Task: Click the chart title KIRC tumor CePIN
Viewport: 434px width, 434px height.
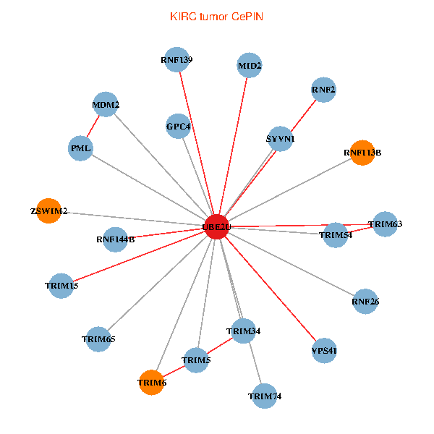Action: click(x=216, y=16)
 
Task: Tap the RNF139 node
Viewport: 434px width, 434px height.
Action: click(x=177, y=59)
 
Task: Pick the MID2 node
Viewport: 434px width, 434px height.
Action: click(x=250, y=66)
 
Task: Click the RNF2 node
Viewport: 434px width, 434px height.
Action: click(x=323, y=90)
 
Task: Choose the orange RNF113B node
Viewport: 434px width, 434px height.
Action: click(x=362, y=153)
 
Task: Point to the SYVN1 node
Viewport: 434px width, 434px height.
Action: click(x=280, y=138)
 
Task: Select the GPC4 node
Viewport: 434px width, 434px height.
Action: click(x=178, y=127)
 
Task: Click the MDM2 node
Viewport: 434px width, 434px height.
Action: click(x=106, y=105)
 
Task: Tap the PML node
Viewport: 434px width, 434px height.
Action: click(x=80, y=148)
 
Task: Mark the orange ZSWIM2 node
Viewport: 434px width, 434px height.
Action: click(x=48, y=211)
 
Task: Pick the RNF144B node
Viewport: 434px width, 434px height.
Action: click(x=116, y=239)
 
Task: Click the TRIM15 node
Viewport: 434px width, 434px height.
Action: click(x=61, y=286)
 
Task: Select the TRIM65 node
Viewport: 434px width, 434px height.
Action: click(x=98, y=339)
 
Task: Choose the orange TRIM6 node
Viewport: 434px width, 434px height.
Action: click(x=152, y=382)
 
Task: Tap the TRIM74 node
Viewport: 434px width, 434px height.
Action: click(x=265, y=396)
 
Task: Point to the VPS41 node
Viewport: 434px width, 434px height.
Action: click(x=324, y=351)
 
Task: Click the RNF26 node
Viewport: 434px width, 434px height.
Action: click(x=365, y=301)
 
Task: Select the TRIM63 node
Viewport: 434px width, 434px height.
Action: click(x=384, y=224)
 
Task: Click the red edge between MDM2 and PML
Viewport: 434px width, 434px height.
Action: click(x=93, y=127)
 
